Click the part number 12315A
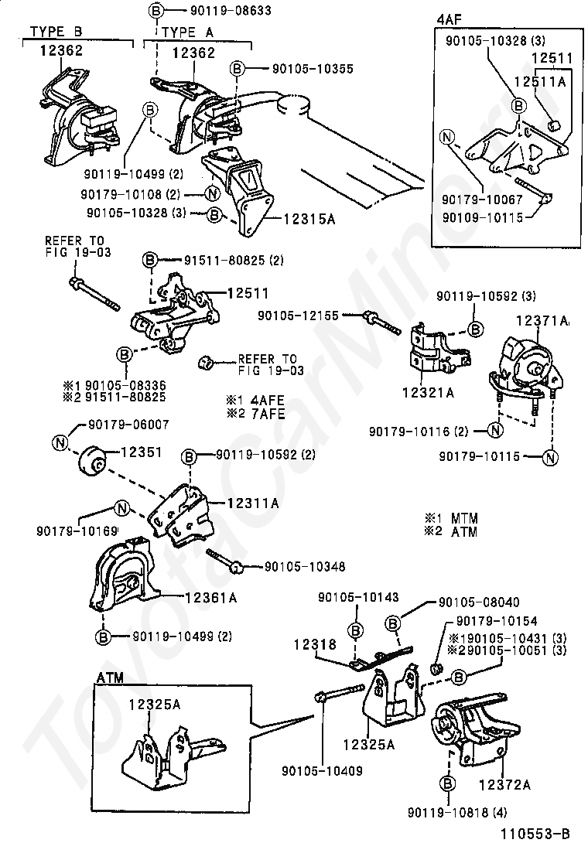click(309, 220)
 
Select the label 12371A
click(542, 320)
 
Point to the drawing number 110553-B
click(535, 834)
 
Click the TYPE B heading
click(56, 32)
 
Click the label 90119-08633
click(216, 11)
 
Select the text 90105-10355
click(313, 68)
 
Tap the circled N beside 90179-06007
click(60, 442)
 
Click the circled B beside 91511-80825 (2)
click(149, 260)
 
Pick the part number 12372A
click(504, 784)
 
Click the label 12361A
click(210, 597)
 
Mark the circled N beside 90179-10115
click(550, 457)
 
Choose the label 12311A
click(253, 503)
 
